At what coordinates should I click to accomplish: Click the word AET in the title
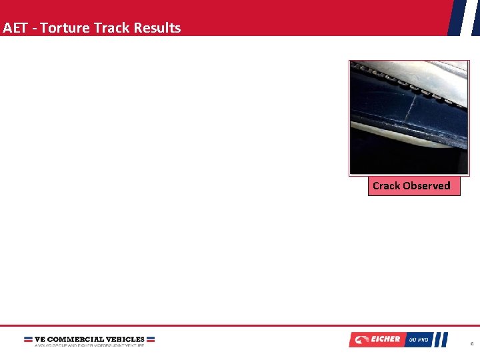(13, 28)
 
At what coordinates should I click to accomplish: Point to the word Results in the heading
(157, 28)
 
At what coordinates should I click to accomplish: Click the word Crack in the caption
(386, 186)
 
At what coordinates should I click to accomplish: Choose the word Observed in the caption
(427, 186)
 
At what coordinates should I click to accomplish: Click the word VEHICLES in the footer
(125, 339)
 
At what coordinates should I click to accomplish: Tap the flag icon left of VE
(28, 339)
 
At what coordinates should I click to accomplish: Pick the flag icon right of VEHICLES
(151, 339)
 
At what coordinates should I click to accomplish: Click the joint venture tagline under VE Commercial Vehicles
(89, 345)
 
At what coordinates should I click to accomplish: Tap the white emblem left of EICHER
(363, 339)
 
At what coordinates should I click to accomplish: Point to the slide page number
(471, 344)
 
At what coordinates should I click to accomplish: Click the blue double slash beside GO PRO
(441, 339)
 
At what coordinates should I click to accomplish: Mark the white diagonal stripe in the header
(464, 17)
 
